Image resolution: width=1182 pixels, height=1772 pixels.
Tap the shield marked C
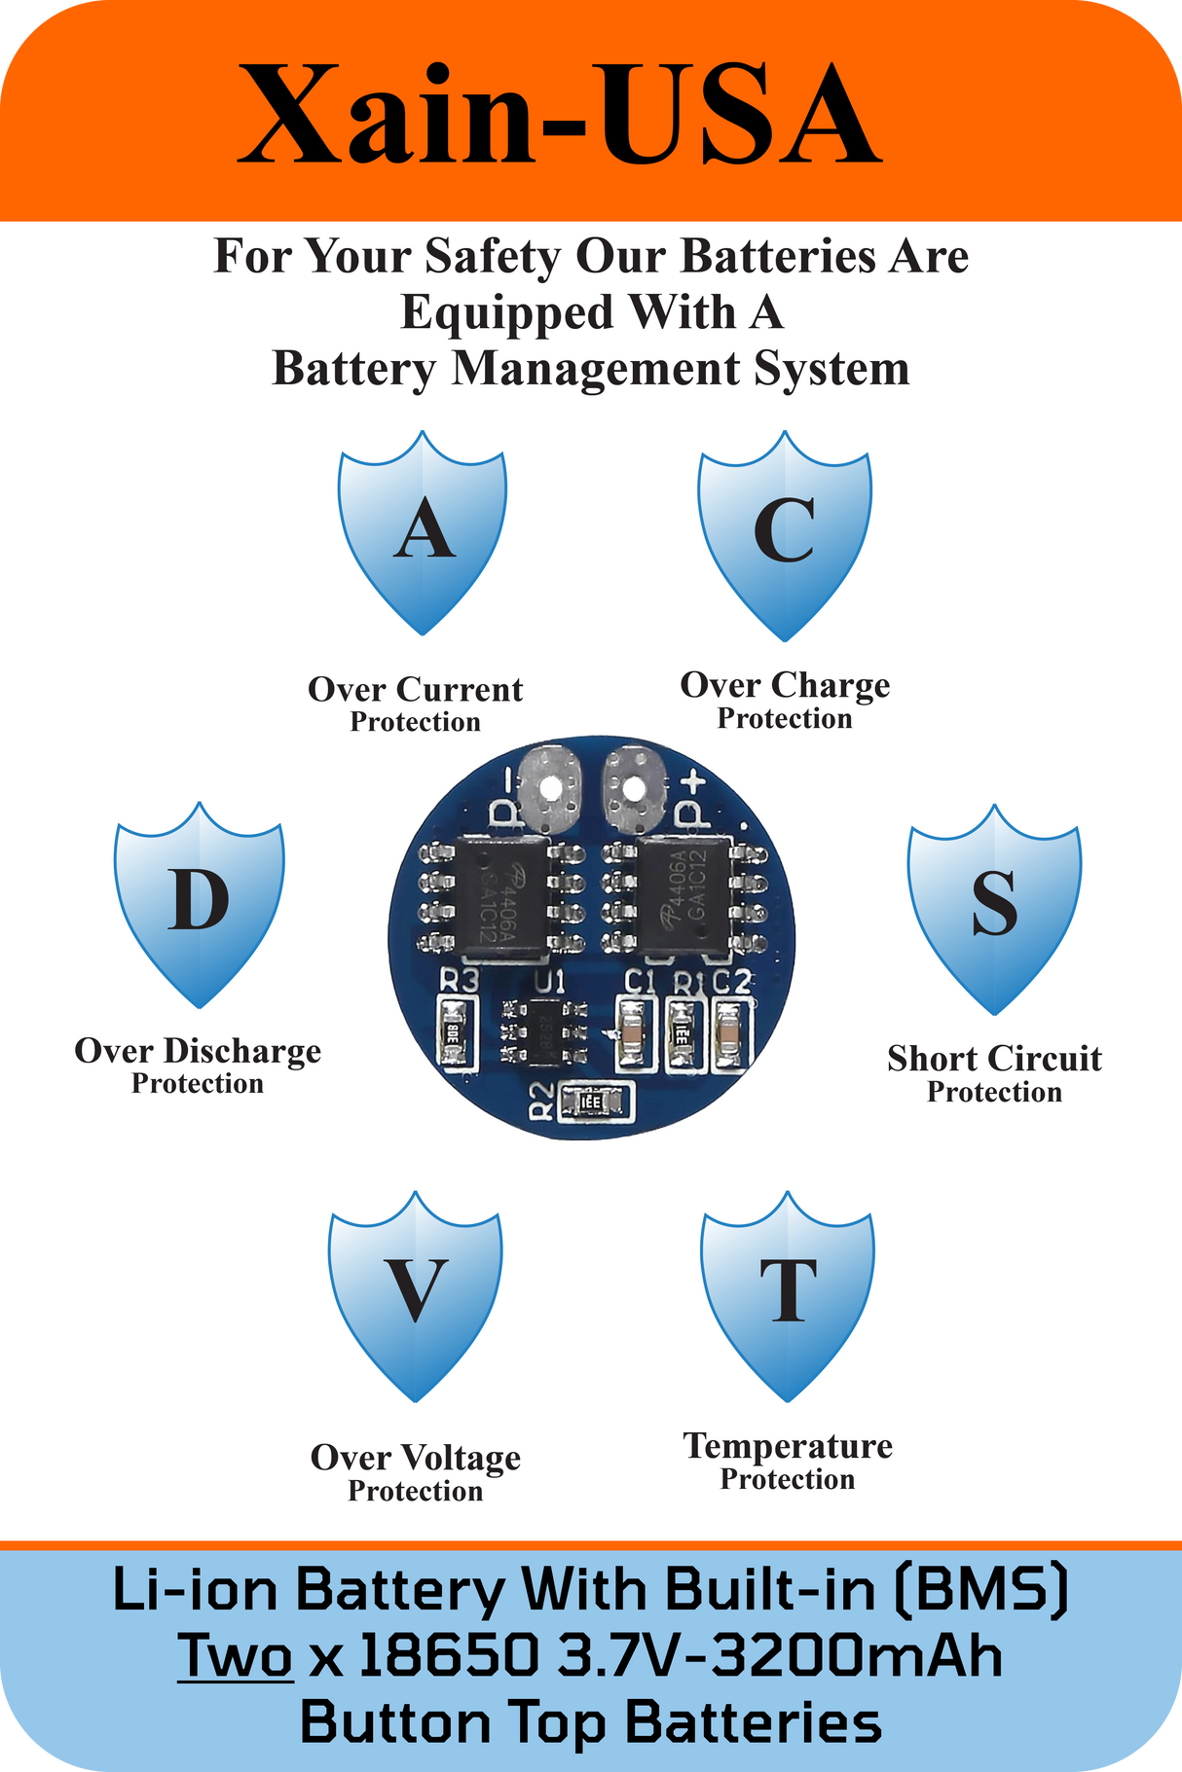(x=785, y=534)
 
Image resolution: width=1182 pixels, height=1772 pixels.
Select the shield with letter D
(x=200, y=904)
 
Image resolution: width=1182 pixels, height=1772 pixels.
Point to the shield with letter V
(x=416, y=1294)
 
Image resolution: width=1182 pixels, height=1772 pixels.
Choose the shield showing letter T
(x=788, y=1294)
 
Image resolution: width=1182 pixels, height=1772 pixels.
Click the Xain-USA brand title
(x=560, y=114)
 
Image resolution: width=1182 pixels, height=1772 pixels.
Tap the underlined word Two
(x=236, y=1655)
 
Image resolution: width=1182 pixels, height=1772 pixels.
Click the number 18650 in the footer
(x=449, y=1655)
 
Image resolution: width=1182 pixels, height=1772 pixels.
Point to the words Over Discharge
(x=198, y=1051)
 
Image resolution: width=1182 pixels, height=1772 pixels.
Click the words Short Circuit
(x=994, y=1059)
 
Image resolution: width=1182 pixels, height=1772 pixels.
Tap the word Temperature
(x=788, y=1446)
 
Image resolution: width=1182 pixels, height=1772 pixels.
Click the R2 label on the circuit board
(x=541, y=1102)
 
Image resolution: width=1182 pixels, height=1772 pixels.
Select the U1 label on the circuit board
(x=550, y=981)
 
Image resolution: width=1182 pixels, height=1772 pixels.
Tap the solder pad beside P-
(x=551, y=785)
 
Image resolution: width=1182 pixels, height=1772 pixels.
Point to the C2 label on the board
(x=732, y=983)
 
